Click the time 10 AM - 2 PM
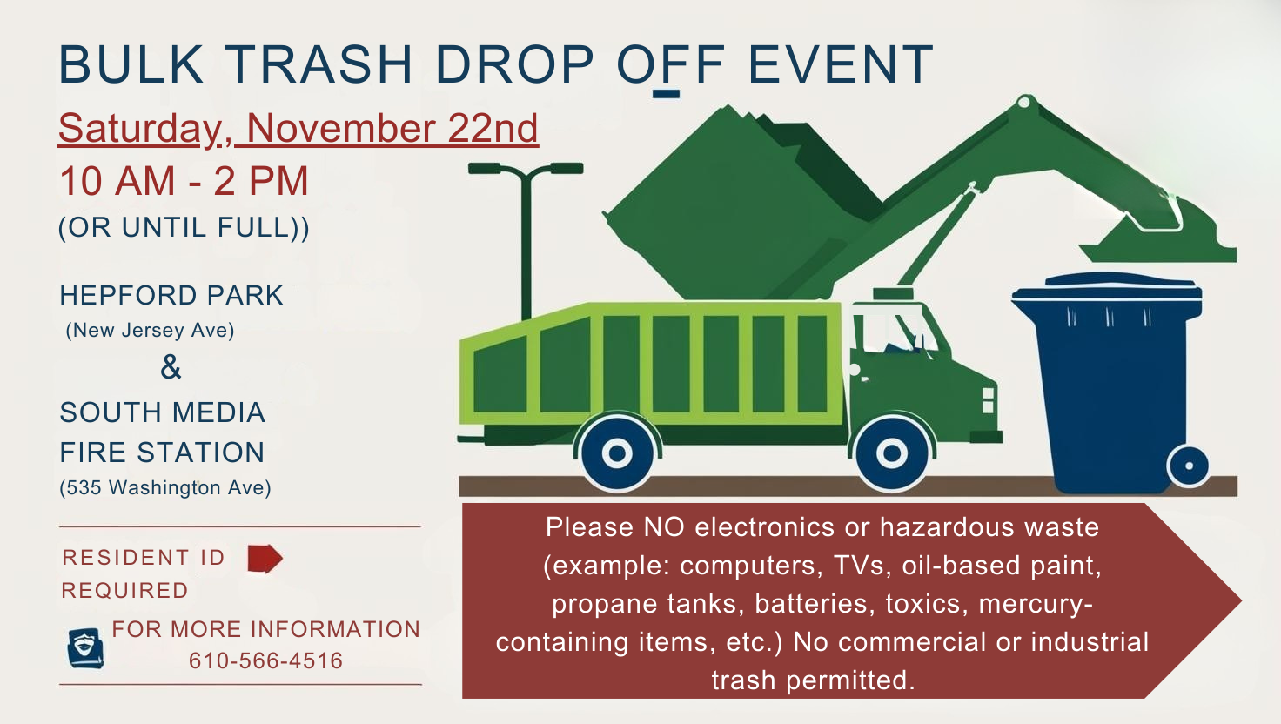(184, 181)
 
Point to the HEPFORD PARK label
(171, 295)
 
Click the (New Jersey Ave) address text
(150, 330)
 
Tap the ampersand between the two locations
(171, 367)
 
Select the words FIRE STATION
(163, 452)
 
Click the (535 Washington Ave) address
(165, 487)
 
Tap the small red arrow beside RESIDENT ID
(265, 558)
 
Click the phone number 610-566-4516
(266, 660)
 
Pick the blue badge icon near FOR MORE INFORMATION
(86, 648)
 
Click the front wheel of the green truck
(892, 453)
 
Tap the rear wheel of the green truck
(617, 453)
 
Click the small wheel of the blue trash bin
(1189, 466)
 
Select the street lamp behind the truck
(526, 240)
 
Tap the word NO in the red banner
(664, 526)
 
